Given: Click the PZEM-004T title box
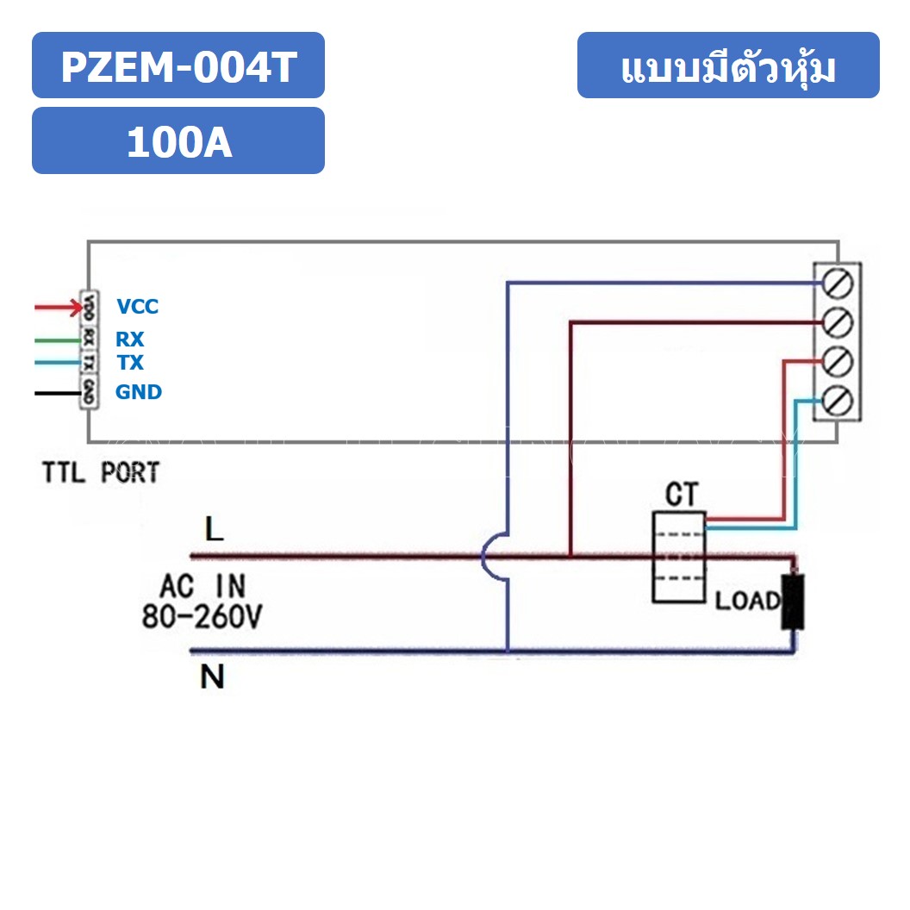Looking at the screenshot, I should coord(178,65).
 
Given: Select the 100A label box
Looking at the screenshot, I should coord(178,141).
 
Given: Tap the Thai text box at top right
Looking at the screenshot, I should coord(728,66).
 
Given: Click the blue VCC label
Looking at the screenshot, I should coord(138,307).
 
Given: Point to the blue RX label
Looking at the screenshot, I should coord(129,340).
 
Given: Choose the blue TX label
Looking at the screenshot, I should coord(129,363).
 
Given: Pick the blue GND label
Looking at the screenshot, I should coord(139,392).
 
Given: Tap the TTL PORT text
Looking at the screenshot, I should coord(101,473).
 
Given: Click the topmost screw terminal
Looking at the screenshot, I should coord(838,283).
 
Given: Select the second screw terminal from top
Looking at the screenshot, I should coord(838,322).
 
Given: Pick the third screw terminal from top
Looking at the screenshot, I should coord(838,361).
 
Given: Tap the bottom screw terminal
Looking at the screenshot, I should coord(838,401).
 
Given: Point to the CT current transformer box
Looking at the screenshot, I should coord(678,556).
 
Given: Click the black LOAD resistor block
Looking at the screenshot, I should coord(792,601).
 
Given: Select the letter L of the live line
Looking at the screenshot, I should coord(214,529).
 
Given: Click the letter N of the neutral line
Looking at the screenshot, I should coord(212,678).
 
